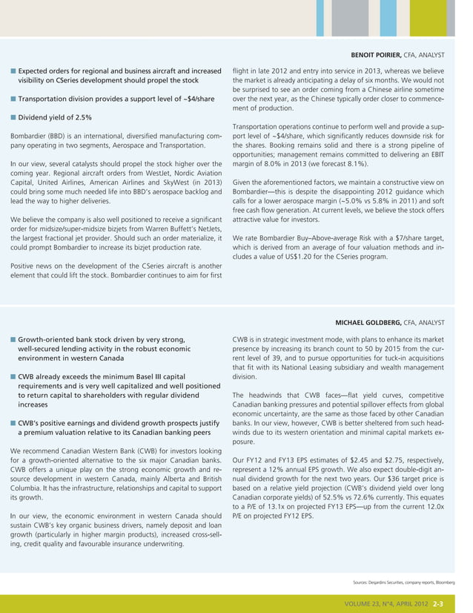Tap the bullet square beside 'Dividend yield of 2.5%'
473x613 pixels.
point(13,117)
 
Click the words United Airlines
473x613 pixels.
point(64,182)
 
